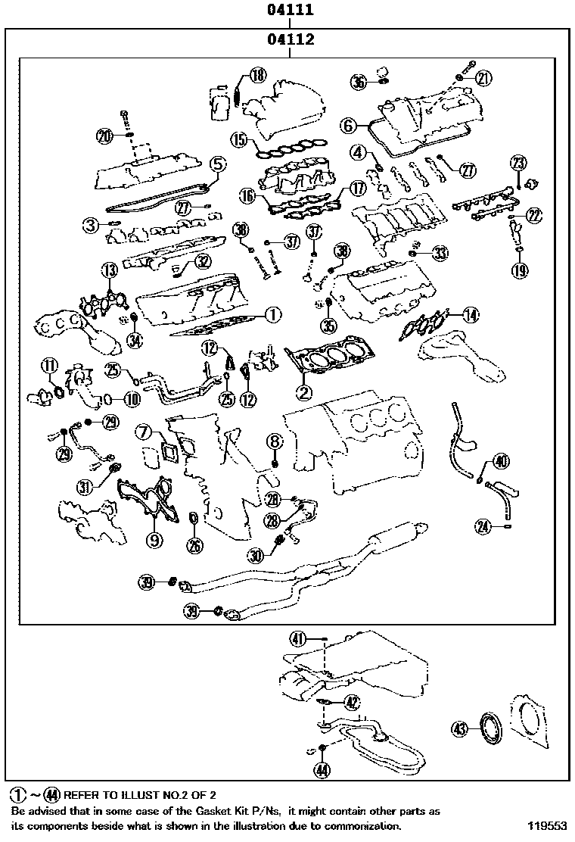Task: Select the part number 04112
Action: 290,39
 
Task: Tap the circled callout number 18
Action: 258,74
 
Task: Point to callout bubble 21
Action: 483,76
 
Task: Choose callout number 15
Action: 240,139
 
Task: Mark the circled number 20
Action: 104,136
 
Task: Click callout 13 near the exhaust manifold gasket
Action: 110,270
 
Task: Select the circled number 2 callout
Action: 303,391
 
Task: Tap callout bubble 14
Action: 471,315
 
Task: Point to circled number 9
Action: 154,540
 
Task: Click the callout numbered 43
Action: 459,728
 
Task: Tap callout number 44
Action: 323,771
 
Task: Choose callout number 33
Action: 440,252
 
